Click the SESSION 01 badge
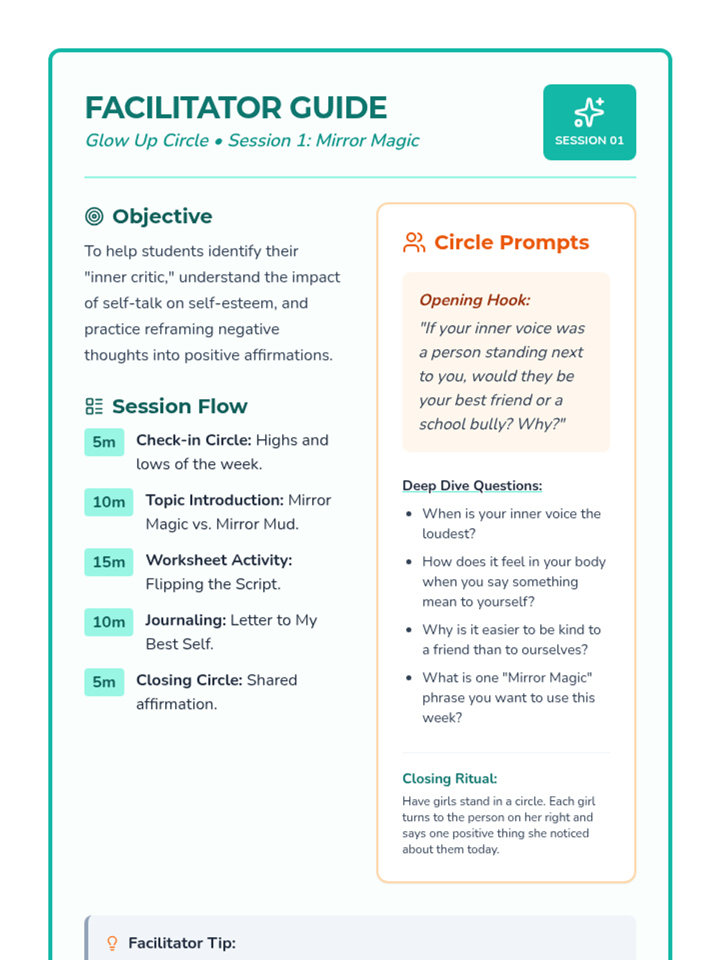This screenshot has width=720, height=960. tap(589, 122)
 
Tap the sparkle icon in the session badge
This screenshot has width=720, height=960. tap(589, 112)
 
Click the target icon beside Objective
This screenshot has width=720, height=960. tap(94, 216)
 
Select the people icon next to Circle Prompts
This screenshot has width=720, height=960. tap(414, 242)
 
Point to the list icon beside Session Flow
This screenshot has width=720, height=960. tap(94, 406)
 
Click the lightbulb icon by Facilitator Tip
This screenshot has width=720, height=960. tap(112, 943)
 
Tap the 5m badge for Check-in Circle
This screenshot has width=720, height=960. tap(104, 442)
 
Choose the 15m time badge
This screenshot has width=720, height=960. tap(109, 562)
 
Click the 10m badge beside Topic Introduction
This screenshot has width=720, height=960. tap(109, 502)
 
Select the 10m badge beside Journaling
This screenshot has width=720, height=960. tap(109, 622)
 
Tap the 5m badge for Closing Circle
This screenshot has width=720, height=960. tap(104, 682)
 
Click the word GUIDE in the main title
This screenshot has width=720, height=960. tap(338, 108)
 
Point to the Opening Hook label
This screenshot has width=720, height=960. tap(475, 300)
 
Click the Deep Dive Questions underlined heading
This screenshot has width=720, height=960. tap(472, 485)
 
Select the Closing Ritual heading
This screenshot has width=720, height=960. tap(449, 779)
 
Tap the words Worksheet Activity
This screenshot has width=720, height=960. tap(218, 560)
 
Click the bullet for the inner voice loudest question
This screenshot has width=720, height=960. tap(409, 514)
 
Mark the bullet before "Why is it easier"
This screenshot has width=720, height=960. tap(409, 630)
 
